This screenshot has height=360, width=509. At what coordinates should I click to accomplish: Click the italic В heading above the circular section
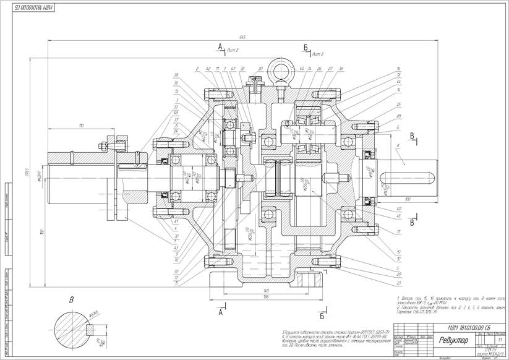click(x=71, y=301)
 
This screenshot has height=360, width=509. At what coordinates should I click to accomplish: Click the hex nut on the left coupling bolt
click(x=98, y=146)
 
